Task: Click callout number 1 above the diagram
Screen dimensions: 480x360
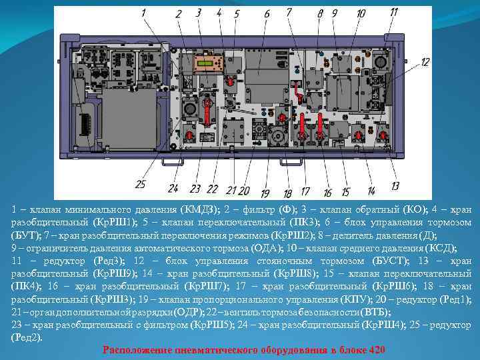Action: pos(143,13)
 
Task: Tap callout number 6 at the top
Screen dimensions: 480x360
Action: pos(267,13)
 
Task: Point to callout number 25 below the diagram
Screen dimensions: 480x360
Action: pos(140,184)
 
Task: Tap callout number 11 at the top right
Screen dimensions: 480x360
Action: pos(394,12)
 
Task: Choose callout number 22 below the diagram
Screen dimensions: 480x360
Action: pos(212,189)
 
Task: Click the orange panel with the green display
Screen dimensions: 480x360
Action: pos(208,64)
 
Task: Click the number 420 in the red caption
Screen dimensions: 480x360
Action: pos(375,351)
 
